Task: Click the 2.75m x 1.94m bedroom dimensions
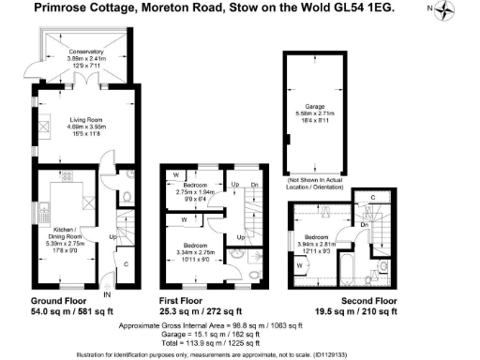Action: (197, 192)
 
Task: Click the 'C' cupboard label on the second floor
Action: (373, 198)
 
